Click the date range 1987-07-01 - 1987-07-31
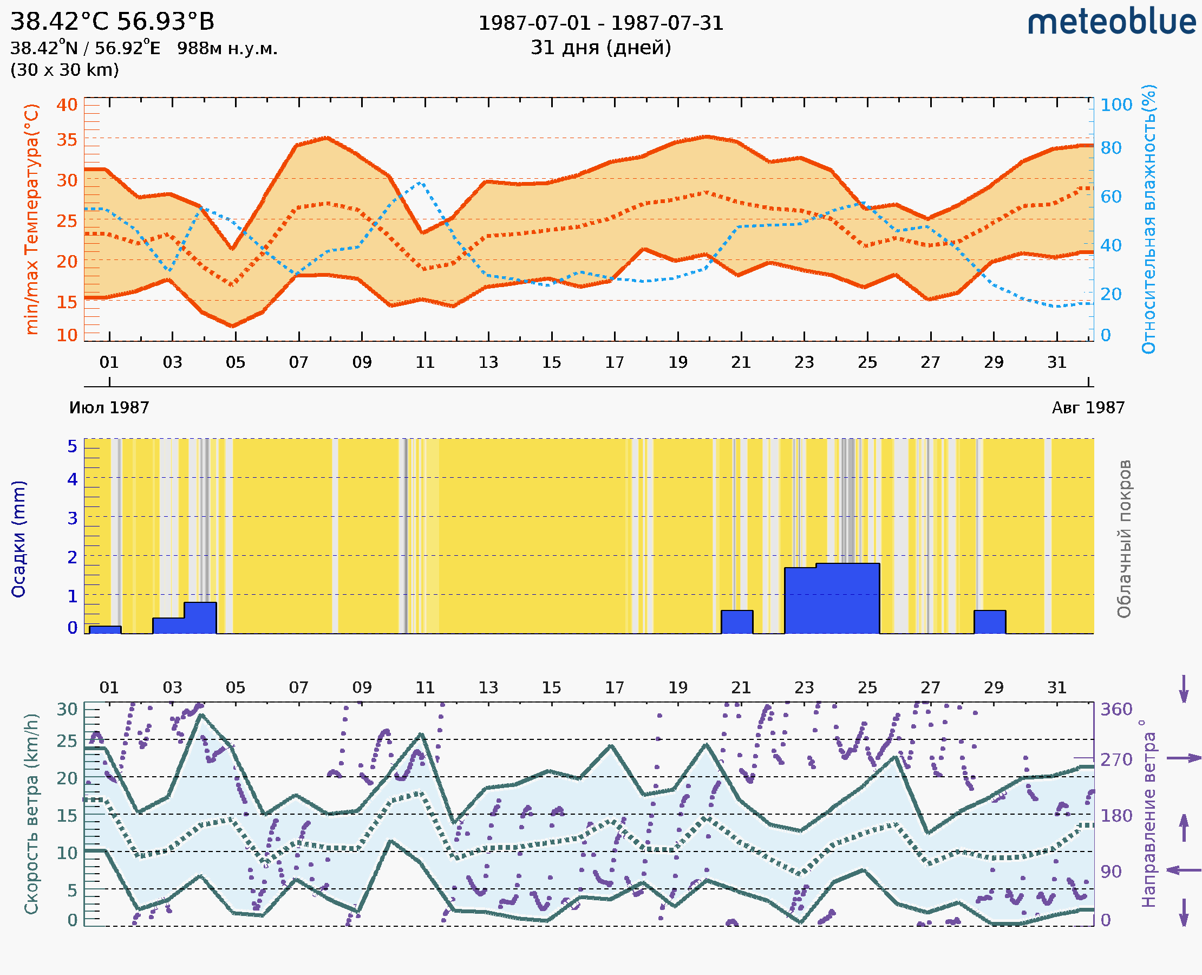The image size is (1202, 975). click(x=600, y=23)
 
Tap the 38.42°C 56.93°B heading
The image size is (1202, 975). click(x=112, y=22)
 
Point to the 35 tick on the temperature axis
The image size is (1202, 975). click(x=67, y=139)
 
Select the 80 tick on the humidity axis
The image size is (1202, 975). click(x=1110, y=148)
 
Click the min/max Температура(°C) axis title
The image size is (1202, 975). click(x=32, y=219)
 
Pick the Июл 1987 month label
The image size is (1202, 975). click(x=109, y=408)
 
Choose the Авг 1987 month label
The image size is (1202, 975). click(x=1088, y=408)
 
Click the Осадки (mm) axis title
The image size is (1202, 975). click(x=18, y=539)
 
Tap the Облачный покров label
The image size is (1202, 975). click(x=1124, y=539)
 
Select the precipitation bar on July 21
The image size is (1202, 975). click(x=736, y=622)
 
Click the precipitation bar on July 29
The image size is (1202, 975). click(x=990, y=622)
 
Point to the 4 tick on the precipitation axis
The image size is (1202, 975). click(x=73, y=479)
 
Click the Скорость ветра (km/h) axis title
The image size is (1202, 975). click(x=32, y=814)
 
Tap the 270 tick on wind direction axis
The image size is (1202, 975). click(x=1116, y=759)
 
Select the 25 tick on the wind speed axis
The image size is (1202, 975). click(x=67, y=741)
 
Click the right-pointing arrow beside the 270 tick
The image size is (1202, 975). click(x=1184, y=758)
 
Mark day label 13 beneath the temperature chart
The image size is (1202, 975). click(x=488, y=362)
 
